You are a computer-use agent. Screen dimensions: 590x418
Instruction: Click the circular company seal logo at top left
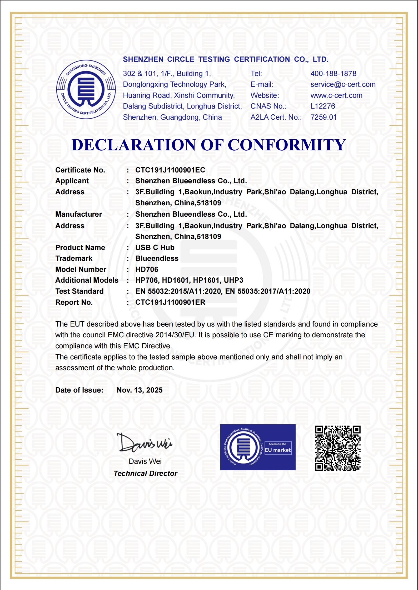[x=86, y=89]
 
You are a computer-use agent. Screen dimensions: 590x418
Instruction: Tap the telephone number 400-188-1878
[x=333, y=74]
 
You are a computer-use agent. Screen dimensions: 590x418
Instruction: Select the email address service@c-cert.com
[x=343, y=84]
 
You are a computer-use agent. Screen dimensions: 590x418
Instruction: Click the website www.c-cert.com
[x=336, y=95]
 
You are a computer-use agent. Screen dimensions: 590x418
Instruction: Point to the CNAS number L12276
[x=323, y=106]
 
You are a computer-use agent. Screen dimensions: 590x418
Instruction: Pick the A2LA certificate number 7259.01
[x=324, y=117]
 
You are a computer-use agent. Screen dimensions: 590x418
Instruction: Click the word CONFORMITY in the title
[x=286, y=145]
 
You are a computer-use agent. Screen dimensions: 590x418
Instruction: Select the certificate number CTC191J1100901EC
[x=170, y=170]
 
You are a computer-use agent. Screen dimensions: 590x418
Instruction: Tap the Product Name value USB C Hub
[x=155, y=248]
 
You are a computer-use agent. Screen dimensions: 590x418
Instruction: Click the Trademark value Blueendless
[x=157, y=258]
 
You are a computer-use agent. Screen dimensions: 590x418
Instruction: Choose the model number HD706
[x=147, y=269]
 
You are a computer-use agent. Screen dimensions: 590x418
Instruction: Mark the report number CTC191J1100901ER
[x=170, y=302]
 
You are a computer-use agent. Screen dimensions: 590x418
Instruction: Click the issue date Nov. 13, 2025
[x=140, y=390]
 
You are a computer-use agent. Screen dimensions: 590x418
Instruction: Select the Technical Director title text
[x=145, y=474]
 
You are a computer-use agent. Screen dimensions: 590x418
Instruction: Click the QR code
[x=338, y=448]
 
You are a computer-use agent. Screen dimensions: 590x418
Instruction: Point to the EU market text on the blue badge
[x=278, y=450]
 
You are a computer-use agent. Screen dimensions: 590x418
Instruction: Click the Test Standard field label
[x=79, y=291]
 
